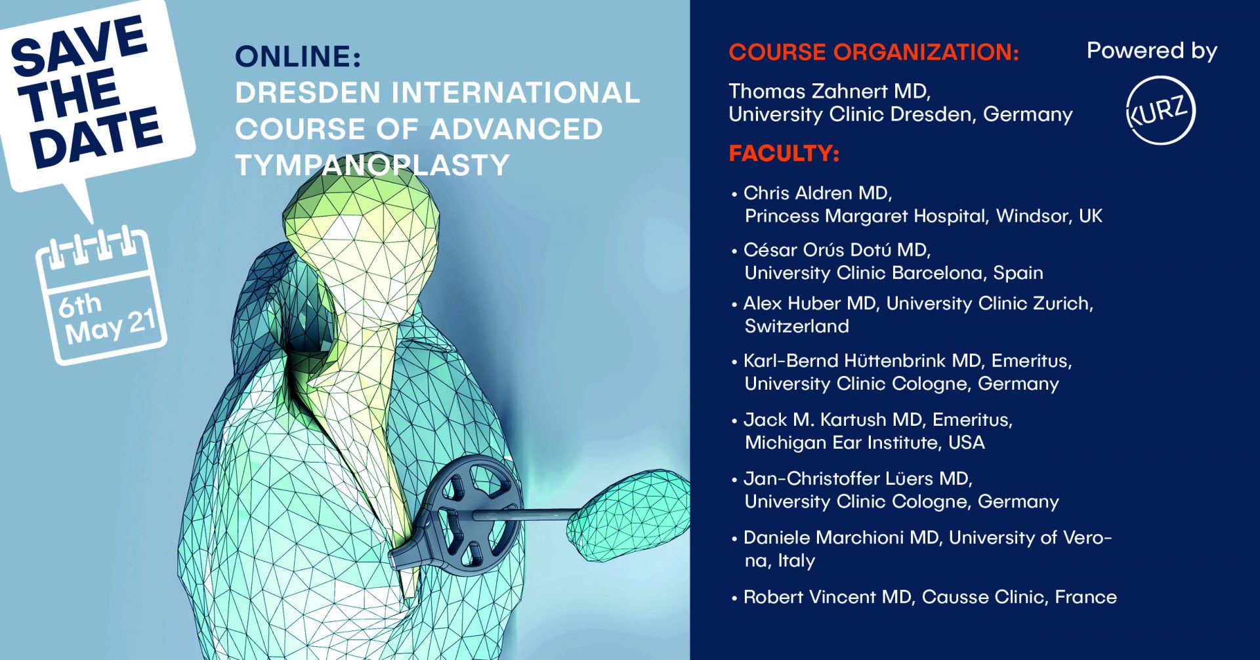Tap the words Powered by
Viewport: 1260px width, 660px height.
[x=1152, y=51]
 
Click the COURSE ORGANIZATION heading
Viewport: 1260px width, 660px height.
[x=873, y=52]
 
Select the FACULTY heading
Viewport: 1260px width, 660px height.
[x=784, y=154]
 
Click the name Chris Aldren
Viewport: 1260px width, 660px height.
[x=798, y=193]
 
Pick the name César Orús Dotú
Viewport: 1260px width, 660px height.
[x=817, y=249]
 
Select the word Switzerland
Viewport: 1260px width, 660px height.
[x=797, y=326]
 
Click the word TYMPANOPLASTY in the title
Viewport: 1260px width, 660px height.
[x=372, y=165]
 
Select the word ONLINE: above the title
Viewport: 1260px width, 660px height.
[x=298, y=56]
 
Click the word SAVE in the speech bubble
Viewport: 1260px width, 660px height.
[x=79, y=45]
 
